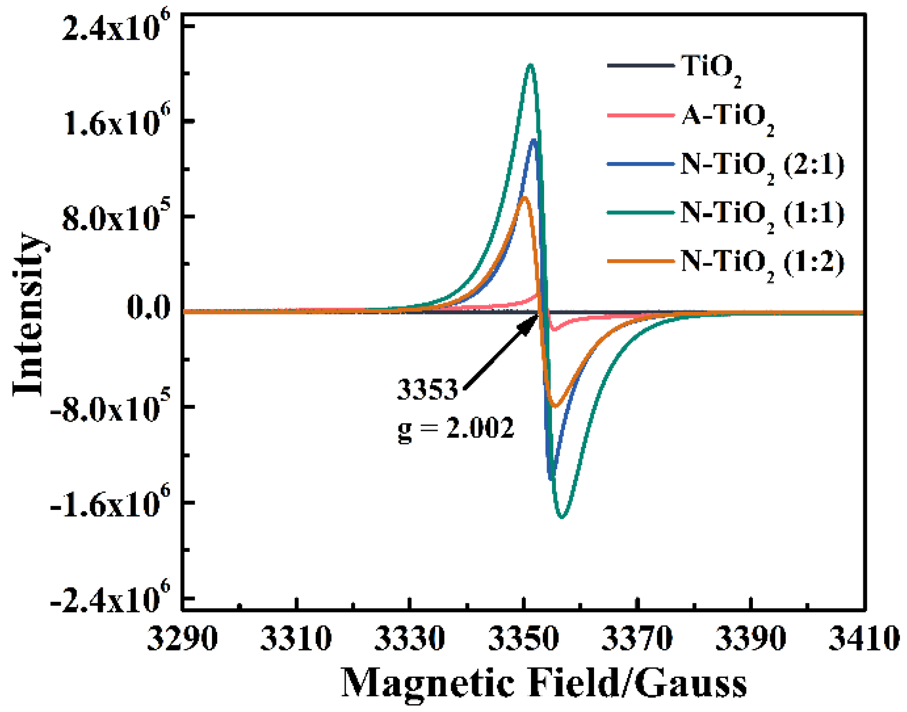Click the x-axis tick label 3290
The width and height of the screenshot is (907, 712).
[182, 639]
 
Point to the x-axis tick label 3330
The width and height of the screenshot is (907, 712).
[409, 639]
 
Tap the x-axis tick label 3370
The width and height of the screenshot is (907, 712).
[637, 639]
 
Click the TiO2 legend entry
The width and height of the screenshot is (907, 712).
[710, 68]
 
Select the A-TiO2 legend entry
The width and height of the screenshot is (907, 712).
[726, 117]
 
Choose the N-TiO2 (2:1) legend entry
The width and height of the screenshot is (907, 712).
[761, 166]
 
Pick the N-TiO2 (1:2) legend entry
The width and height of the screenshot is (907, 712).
[761, 263]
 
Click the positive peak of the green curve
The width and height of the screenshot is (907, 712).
[530, 65]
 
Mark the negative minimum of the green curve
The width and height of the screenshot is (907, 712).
[562, 516]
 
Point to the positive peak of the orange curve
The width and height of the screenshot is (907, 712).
[524, 197]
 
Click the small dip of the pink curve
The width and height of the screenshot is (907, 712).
[554, 330]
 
